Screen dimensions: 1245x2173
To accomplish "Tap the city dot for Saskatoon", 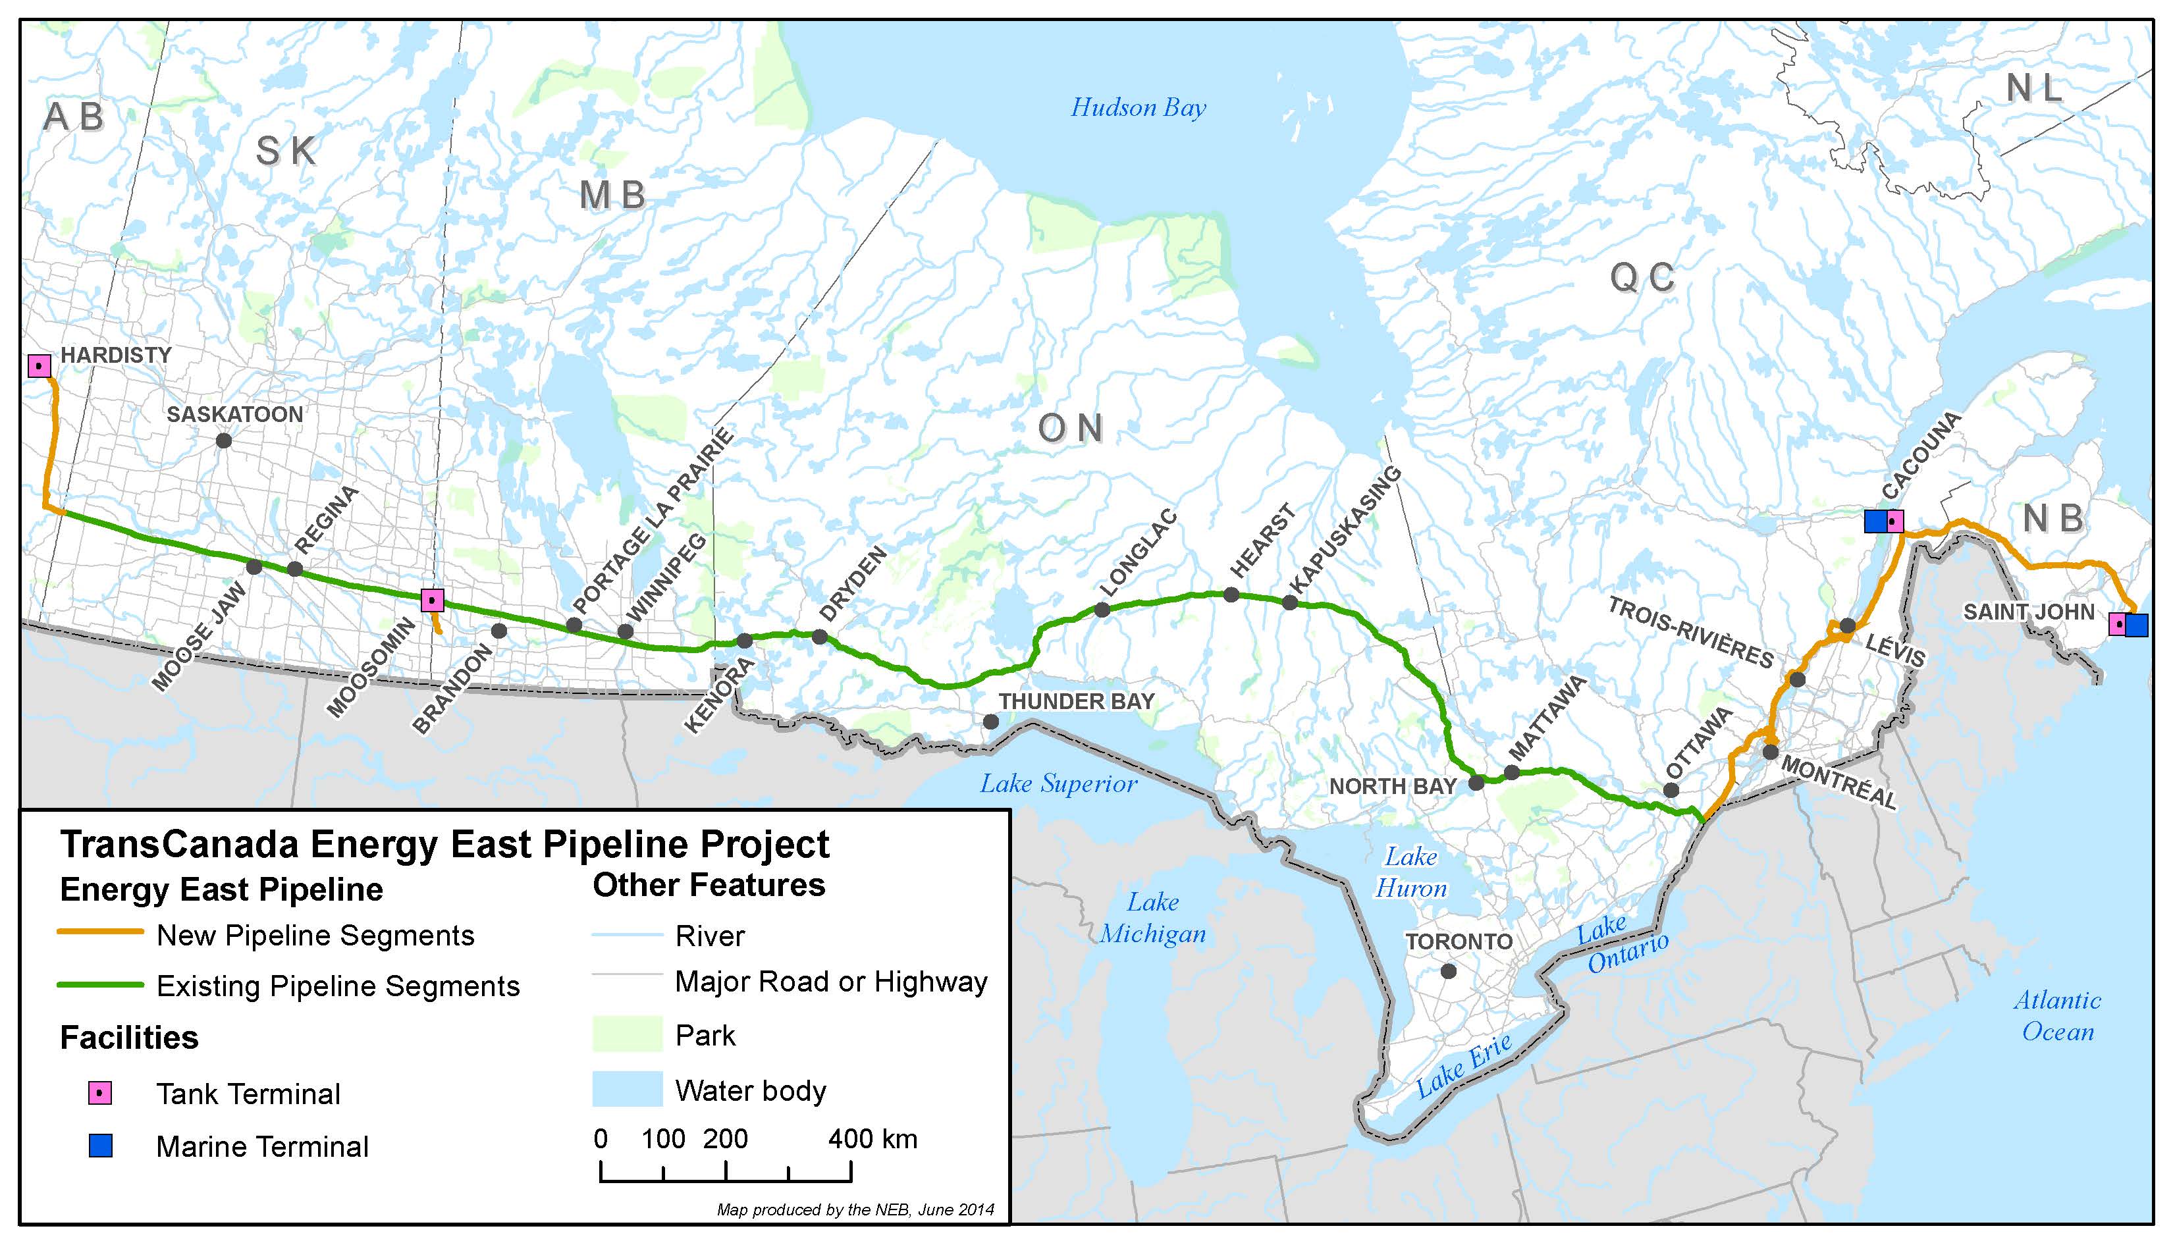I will pos(224,440).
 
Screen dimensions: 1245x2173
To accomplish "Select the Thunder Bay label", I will pos(1076,701).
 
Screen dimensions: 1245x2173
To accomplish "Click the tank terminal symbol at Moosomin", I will pos(433,600).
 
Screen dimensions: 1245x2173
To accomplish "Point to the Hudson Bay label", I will pos(1139,108).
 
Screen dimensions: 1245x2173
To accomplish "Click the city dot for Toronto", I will pos(1448,971).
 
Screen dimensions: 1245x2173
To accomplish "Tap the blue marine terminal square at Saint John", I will pos(2136,625).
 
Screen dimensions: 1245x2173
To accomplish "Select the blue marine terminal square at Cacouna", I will pos(1875,521).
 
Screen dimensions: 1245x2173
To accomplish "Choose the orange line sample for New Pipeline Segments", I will pos(100,932).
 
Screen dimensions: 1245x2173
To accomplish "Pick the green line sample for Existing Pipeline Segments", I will pos(100,985).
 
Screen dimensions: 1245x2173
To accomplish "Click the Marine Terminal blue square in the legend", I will pos(101,1146).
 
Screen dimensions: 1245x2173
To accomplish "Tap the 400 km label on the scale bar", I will pos(872,1139).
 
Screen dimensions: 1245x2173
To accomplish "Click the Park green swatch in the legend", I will pos(627,1035).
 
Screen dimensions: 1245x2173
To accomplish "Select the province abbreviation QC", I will pos(1642,277).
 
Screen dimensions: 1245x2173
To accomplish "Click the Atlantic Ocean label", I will pos(2056,1016).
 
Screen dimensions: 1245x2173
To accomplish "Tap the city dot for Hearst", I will pos(1231,595).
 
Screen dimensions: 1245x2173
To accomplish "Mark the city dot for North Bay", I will pos(1476,782).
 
